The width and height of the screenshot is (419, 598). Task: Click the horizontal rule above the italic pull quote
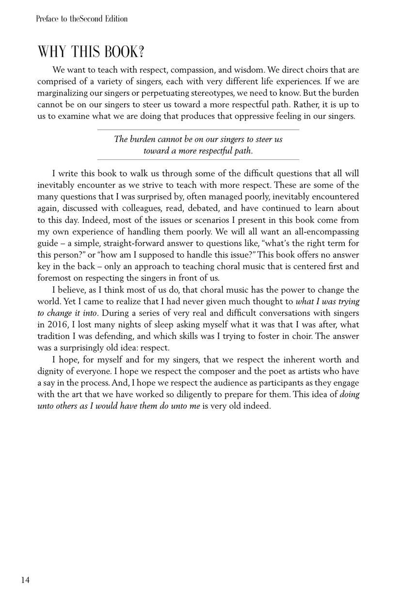(198, 130)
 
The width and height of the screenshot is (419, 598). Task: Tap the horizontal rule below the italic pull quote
(198, 159)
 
